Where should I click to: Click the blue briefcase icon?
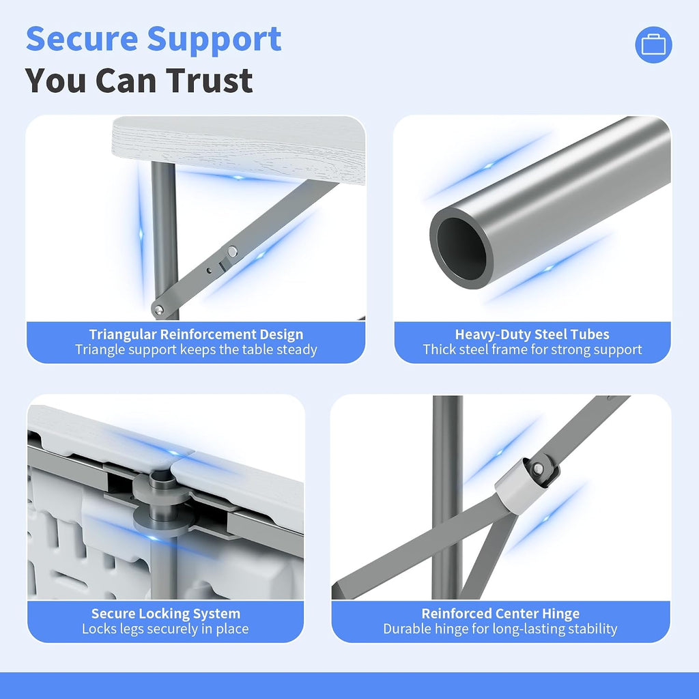click(653, 44)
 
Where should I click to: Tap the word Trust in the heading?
click(210, 81)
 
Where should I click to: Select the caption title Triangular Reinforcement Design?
click(196, 334)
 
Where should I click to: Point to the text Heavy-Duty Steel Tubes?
click(532, 334)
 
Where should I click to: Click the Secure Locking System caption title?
click(166, 614)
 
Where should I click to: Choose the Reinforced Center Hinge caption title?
click(500, 614)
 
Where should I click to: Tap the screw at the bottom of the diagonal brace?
click(158, 309)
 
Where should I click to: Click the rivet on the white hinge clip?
click(538, 468)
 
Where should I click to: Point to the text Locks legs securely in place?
click(165, 629)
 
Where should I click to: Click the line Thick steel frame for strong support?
click(532, 349)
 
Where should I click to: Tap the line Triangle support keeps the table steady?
click(196, 349)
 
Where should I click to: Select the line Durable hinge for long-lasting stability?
click(500, 629)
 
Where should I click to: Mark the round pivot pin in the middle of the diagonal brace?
click(232, 252)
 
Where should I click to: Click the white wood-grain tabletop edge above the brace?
click(238, 149)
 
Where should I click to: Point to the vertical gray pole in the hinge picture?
click(448, 497)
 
